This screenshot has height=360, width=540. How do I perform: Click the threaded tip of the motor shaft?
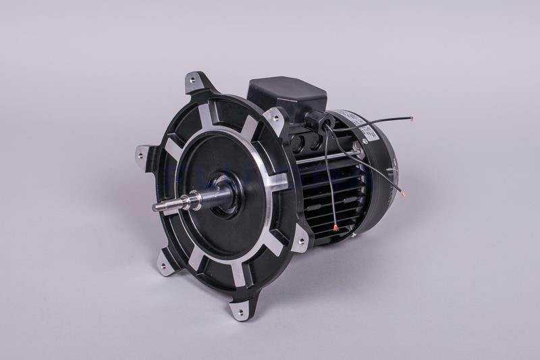(x=161, y=206)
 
